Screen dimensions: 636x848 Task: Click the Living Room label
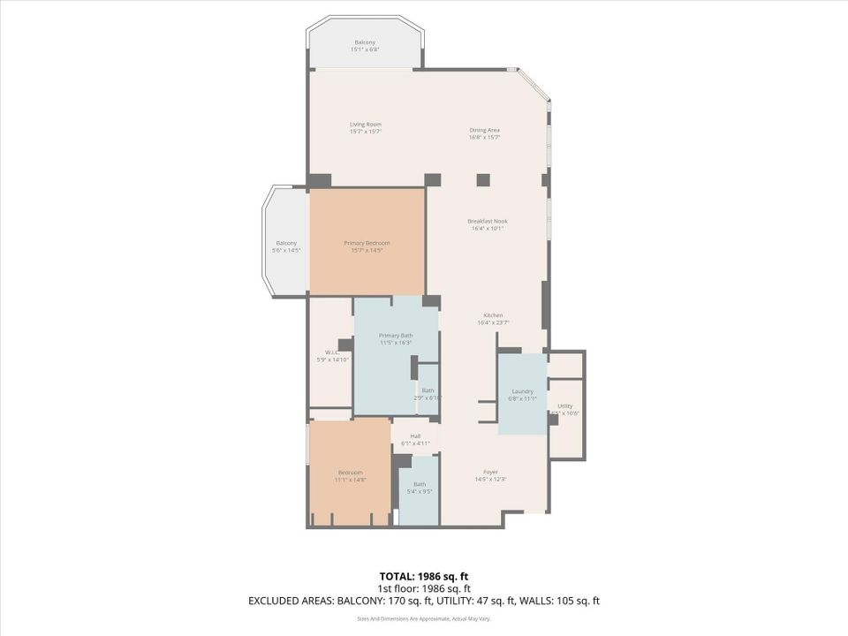365,125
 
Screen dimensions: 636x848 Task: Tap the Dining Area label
484,130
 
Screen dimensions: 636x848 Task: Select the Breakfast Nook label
488,221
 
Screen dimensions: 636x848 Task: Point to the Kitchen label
493,315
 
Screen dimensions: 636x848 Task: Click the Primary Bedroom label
367,243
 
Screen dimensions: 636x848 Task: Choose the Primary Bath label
395,336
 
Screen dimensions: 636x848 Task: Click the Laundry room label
522,391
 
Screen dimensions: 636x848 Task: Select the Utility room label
564,406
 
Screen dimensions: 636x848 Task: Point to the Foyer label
490,472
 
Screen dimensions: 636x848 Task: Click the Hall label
415,435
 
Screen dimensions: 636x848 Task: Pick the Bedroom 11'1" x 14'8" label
350,476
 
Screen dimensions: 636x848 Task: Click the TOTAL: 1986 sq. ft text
424,576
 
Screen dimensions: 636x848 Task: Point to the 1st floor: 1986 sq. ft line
424,588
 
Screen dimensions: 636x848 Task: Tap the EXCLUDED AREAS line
424,601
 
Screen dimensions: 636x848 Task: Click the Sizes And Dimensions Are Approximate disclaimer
424,619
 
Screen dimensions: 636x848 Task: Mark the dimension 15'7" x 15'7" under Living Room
365,132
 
